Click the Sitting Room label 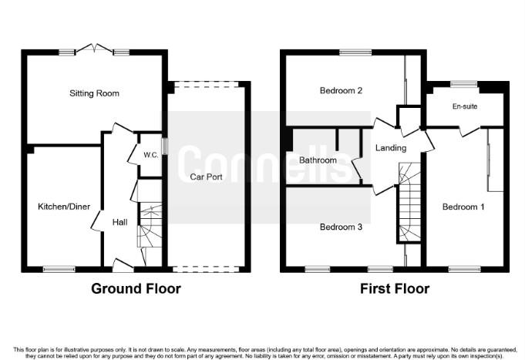click(x=95, y=93)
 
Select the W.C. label click(x=150, y=155)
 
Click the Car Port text click(x=207, y=176)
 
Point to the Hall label click(x=120, y=221)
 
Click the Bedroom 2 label click(x=342, y=90)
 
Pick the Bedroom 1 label click(x=463, y=207)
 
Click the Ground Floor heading click(x=136, y=289)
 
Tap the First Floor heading click(x=395, y=289)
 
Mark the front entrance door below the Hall click(x=123, y=266)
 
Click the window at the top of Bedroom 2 click(x=354, y=52)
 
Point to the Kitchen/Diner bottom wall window click(x=59, y=269)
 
